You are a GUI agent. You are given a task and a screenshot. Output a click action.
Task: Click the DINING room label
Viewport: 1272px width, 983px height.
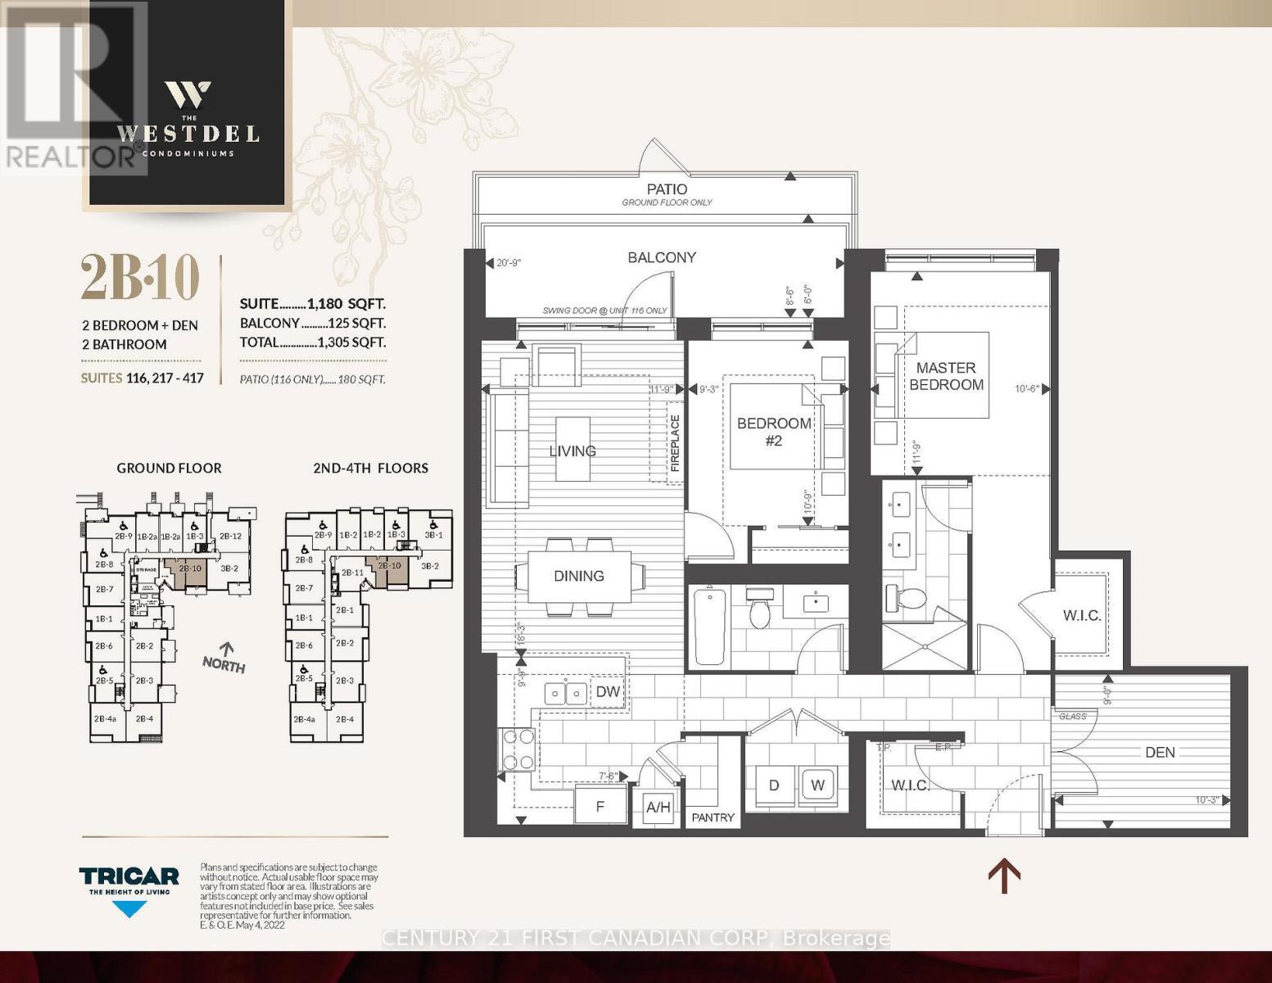pyautogui.click(x=578, y=576)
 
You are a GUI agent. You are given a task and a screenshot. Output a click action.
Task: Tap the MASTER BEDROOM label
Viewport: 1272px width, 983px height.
pyautogui.click(x=946, y=376)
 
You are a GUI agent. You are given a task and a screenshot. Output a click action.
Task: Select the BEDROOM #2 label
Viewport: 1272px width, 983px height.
pyautogui.click(x=774, y=432)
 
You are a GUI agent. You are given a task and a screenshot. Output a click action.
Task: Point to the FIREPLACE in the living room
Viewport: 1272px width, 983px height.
pyautogui.click(x=675, y=442)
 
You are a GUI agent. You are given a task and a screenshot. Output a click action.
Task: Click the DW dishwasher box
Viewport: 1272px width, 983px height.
pyautogui.click(x=608, y=692)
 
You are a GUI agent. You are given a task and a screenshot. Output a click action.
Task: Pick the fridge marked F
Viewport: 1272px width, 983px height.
pyautogui.click(x=600, y=806)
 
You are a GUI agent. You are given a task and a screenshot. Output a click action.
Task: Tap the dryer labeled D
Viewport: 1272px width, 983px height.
pyautogui.click(x=773, y=785)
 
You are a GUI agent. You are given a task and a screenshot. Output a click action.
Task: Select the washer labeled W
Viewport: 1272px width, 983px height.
pyautogui.click(x=817, y=785)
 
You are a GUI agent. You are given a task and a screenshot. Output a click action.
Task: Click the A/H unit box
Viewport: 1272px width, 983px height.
pyautogui.click(x=658, y=808)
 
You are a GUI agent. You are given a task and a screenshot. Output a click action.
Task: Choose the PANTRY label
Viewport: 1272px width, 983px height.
pyautogui.click(x=713, y=818)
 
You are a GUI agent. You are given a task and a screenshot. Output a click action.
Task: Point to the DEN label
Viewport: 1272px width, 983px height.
pyautogui.click(x=1160, y=752)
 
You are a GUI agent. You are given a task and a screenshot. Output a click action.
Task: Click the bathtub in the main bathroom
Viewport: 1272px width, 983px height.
pyautogui.click(x=709, y=627)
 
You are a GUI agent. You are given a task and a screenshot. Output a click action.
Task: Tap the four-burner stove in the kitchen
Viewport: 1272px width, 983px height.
pyautogui.click(x=518, y=750)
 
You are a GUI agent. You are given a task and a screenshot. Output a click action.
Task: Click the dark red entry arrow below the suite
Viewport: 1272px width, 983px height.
pyautogui.click(x=1003, y=876)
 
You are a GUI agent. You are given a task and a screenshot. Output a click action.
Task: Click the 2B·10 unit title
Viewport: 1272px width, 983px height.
pyautogui.click(x=140, y=278)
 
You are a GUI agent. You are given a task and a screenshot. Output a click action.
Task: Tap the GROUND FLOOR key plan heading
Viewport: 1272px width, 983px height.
pyautogui.click(x=169, y=469)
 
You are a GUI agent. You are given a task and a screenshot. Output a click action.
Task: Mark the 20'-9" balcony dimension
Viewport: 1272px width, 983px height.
pyautogui.click(x=509, y=263)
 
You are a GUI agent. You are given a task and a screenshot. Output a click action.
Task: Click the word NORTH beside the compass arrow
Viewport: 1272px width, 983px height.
pyautogui.click(x=224, y=665)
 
